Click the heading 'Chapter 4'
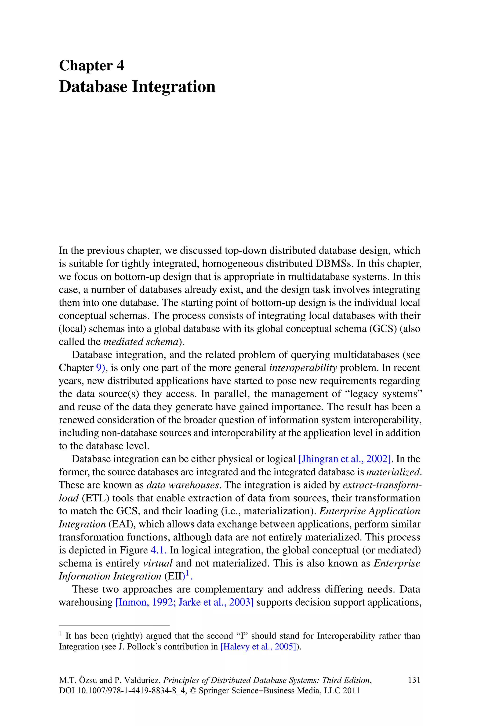coord(91,66)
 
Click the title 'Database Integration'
coord(137,87)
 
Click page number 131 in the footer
coord(414,680)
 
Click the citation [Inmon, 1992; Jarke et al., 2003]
coord(185,602)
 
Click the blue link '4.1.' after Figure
coord(159,550)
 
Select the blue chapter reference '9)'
coord(101,368)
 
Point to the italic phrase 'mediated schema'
coord(141,342)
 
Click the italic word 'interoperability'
coord(303,368)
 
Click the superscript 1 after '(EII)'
coord(188,573)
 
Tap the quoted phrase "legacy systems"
coord(385,394)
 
